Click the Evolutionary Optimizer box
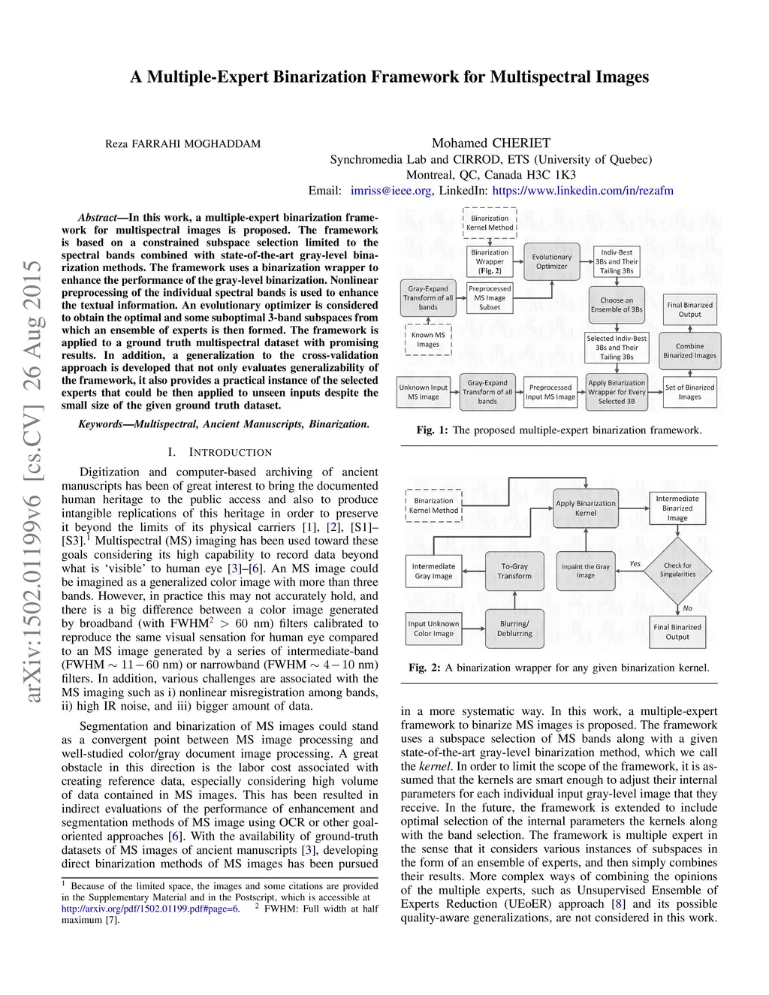[x=551, y=261]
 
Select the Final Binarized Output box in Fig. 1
[x=689, y=309]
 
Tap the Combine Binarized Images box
[x=689, y=351]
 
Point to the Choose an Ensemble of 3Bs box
[x=617, y=304]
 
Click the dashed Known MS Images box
[x=428, y=339]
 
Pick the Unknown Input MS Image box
[x=424, y=392]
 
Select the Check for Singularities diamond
[x=677, y=570]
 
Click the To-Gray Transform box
[x=514, y=571]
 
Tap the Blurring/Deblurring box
[x=514, y=628]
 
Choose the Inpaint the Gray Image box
[x=586, y=571]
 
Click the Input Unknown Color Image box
[x=433, y=628]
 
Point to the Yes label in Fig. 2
[x=635, y=563]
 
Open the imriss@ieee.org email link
[x=391, y=191]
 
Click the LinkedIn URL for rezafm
[x=583, y=191]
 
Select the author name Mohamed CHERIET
[x=491, y=143]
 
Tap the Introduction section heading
[x=220, y=452]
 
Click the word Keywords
[x=100, y=424]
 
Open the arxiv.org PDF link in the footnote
[x=150, y=909]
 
